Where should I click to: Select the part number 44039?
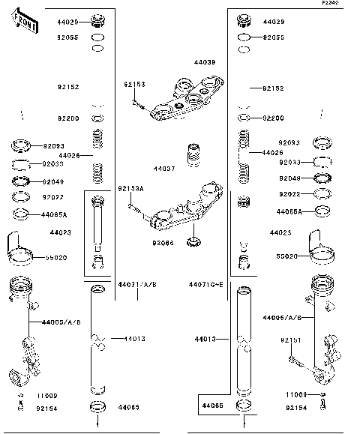pyautogui.click(x=204, y=62)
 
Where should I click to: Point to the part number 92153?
pyautogui.click(x=134, y=84)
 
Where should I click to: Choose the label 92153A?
pyautogui.click(x=130, y=188)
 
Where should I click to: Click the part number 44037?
pyautogui.click(x=164, y=169)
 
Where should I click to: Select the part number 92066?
pyautogui.click(x=162, y=243)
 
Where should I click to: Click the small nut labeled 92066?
pyautogui.click(x=194, y=241)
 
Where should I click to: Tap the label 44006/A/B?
pyautogui.click(x=282, y=317)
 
